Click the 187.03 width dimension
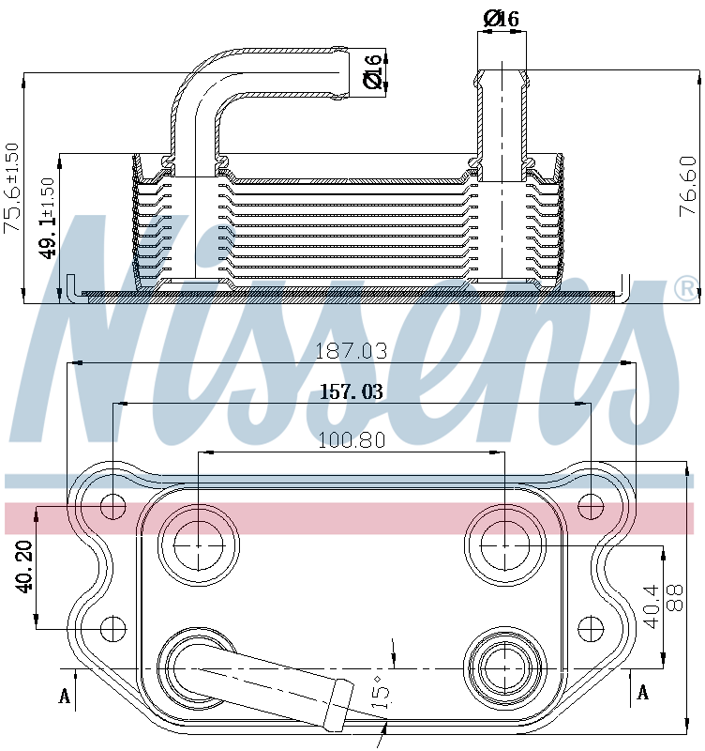[351, 351]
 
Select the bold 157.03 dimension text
[351, 391]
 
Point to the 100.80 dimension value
[351, 440]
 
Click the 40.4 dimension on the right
[652, 606]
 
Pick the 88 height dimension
[674, 598]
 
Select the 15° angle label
[382, 692]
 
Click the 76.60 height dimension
[688, 186]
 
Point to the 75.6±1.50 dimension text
[11, 188]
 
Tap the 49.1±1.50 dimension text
[48, 219]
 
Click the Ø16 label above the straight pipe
[501, 19]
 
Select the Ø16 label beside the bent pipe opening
[372, 72]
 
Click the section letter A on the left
[65, 696]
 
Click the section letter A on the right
[643, 692]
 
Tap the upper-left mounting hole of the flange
[112, 507]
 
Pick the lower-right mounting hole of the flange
[591, 628]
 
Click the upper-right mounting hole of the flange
[591, 507]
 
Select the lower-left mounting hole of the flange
[113, 628]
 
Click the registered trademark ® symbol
[686, 289]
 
